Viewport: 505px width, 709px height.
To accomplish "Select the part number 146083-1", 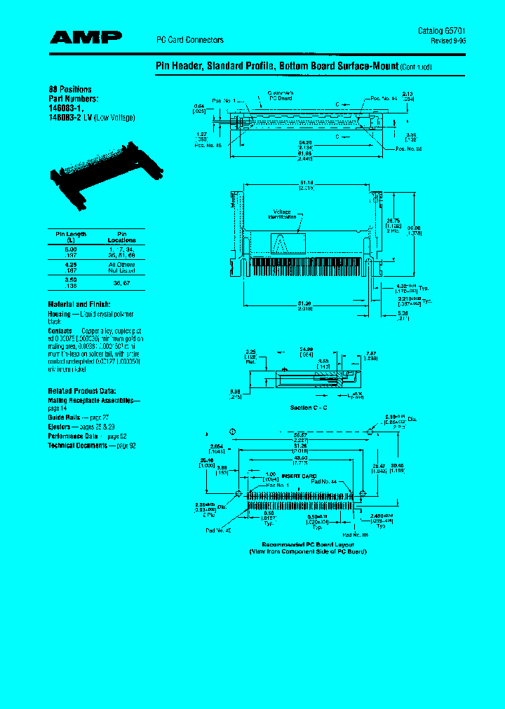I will click(65, 109).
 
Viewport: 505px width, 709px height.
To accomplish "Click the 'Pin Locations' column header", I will click(121, 236).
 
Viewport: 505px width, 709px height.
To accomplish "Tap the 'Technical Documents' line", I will click(76, 446).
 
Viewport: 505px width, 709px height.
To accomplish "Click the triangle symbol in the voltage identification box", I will click(283, 245).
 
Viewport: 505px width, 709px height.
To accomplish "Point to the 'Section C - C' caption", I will click(309, 407).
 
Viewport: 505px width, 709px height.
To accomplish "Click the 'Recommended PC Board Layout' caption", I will click(308, 544).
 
